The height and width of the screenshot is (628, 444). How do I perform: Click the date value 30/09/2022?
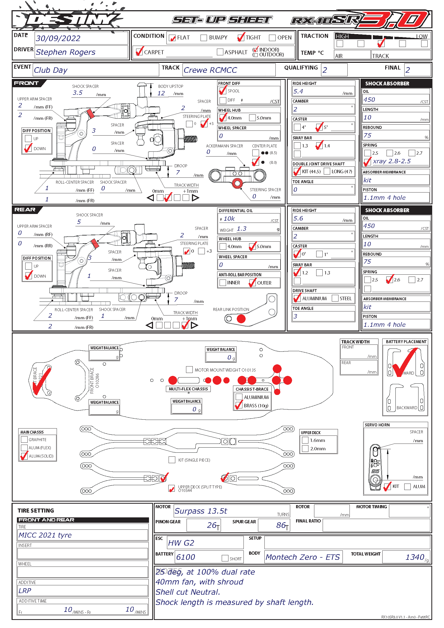tap(58, 38)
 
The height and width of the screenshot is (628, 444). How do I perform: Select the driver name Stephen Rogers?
tap(65, 52)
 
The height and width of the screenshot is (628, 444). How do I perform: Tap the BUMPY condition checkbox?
tap(204, 38)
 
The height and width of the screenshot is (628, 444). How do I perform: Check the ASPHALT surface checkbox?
tap(220, 52)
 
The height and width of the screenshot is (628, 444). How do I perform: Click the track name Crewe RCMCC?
tap(210, 70)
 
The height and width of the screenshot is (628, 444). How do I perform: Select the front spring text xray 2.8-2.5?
tap(391, 161)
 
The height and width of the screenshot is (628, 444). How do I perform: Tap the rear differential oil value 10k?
tap(229, 219)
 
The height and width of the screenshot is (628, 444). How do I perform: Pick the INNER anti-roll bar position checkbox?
tap(223, 282)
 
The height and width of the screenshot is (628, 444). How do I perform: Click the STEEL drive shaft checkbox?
tap(335, 298)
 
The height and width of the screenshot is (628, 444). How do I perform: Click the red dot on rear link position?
tap(241, 319)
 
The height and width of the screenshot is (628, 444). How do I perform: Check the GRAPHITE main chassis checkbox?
tap(24, 439)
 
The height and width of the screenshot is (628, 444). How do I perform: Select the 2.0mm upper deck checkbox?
tap(305, 449)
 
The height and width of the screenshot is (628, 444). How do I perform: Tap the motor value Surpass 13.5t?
tap(201, 511)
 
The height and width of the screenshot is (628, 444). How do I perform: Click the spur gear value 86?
tap(281, 525)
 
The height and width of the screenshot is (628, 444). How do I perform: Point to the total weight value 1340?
tap(415, 557)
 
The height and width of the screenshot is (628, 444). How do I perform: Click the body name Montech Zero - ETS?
tap(303, 557)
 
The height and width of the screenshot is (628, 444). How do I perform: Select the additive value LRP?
tap(25, 590)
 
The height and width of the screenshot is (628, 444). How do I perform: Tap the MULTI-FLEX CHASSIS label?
tap(188, 389)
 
